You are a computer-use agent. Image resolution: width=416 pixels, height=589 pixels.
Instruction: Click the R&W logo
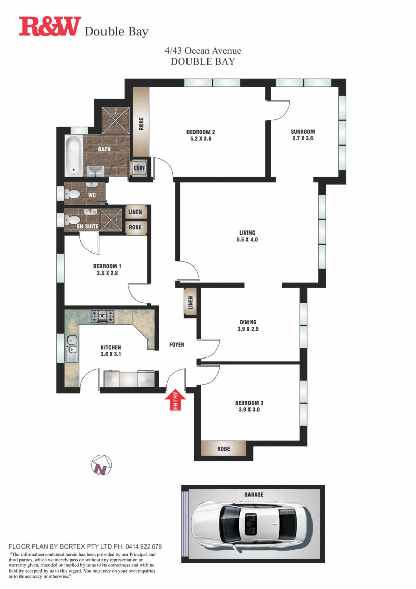[50, 27]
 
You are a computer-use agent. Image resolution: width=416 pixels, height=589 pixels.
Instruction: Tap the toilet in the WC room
[73, 194]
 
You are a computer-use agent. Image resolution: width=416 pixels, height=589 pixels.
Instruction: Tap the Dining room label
[247, 322]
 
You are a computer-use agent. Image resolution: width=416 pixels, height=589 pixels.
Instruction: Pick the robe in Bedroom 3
[223, 449]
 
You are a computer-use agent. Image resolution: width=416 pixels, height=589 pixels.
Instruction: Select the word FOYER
[176, 345]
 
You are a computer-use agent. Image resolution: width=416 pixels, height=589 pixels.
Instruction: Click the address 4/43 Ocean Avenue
[203, 51]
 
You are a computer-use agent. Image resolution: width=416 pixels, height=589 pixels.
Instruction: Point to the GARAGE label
[254, 494]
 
